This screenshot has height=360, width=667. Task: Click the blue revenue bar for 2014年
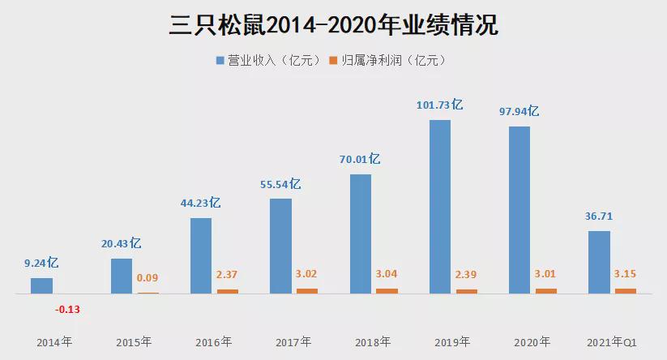click(41, 285)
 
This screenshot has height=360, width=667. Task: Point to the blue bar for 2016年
click(201, 255)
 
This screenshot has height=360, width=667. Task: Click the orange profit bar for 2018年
click(387, 290)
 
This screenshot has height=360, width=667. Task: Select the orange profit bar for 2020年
click(546, 290)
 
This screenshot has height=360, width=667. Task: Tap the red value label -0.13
click(67, 309)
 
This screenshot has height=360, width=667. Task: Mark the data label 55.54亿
click(280, 184)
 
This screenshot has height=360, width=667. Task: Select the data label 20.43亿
click(122, 243)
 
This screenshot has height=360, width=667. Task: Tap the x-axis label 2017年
click(293, 341)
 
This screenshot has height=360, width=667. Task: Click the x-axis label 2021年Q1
click(613, 341)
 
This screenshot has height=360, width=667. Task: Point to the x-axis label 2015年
click(134, 341)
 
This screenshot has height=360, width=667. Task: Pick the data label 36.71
click(598, 216)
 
